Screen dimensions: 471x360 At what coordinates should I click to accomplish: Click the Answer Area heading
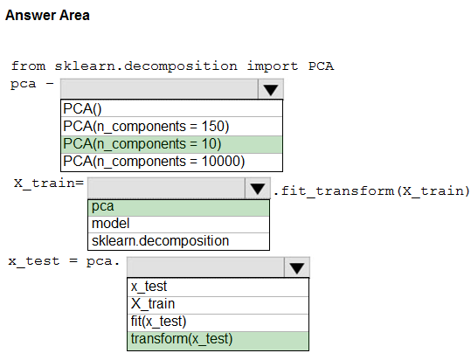(47, 16)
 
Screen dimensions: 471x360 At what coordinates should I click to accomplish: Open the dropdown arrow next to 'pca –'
(270, 89)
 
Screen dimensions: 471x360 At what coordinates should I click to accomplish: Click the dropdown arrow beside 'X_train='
(258, 188)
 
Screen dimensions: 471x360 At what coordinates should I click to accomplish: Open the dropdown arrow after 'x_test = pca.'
(297, 267)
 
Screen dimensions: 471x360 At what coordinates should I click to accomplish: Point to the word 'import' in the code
(273, 66)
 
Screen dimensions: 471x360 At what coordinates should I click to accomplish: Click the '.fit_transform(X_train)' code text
(371, 191)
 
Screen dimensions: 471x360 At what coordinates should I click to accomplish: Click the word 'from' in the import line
(29, 66)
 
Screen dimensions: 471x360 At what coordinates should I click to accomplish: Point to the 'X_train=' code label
(49, 183)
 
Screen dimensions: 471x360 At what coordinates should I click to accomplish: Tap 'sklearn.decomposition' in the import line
(146, 66)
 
